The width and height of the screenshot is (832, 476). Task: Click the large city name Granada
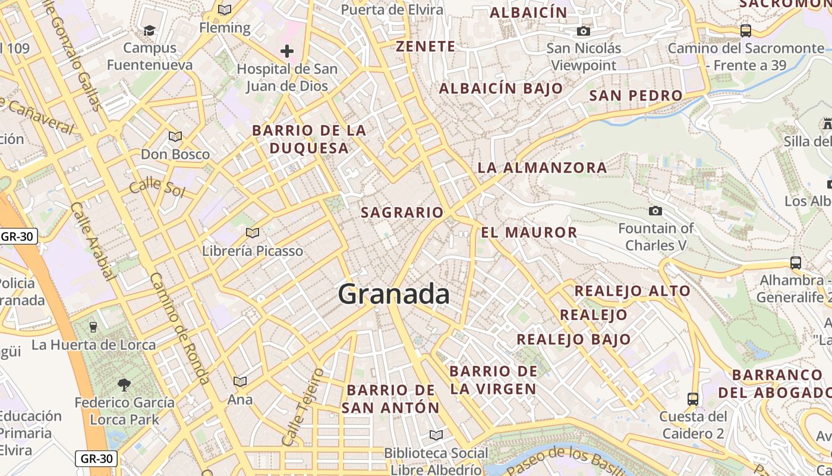click(394, 294)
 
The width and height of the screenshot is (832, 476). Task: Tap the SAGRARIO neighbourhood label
click(402, 212)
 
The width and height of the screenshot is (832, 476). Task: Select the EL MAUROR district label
click(529, 232)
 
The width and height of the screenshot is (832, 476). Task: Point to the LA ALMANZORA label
click(543, 168)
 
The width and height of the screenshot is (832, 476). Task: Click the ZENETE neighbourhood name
click(426, 46)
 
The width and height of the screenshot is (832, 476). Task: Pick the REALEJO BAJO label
click(573, 339)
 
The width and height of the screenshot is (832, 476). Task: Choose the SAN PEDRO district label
click(636, 95)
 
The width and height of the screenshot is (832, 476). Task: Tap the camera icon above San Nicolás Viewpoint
click(584, 31)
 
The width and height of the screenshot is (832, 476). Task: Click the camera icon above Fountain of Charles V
click(655, 211)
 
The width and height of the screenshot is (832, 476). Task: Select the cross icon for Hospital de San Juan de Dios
click(287, 51)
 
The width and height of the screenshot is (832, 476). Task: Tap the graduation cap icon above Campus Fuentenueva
click(149, 30)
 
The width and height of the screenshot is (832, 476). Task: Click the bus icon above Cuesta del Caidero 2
click(692, 399)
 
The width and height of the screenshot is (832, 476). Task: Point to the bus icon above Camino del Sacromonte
click(745, 30)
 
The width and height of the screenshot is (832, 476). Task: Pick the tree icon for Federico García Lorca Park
click(124, 385)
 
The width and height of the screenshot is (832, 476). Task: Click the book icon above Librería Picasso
click(253, 233)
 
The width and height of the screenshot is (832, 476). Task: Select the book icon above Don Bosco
click(175, 137)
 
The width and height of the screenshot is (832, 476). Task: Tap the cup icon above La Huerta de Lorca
click(93, 327)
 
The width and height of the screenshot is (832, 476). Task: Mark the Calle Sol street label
click(157, 187)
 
